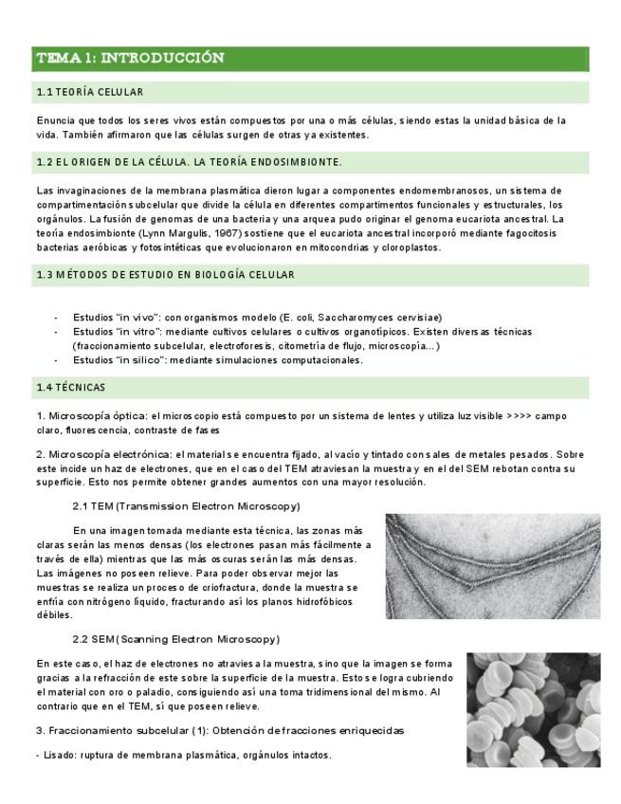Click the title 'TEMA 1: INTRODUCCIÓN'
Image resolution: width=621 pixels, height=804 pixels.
[130, 59]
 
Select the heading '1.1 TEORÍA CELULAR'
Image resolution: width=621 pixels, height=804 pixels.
[90, 93]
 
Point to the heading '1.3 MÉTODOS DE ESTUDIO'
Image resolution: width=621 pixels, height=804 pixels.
[165, 275]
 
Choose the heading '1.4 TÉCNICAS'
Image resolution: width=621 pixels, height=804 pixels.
[71, 388]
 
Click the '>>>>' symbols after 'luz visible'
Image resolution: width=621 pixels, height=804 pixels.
[520, 416]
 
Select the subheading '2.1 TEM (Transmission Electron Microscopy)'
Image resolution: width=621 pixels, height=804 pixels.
[186, 506]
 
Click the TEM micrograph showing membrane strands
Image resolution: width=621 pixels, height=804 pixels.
[492, 566]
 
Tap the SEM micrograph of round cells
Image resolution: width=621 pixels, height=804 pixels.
[533, 709]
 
